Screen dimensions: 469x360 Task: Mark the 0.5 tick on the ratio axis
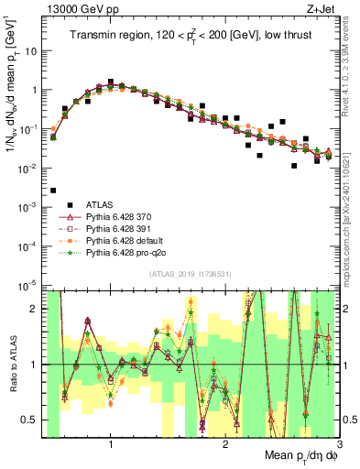click(30, 420)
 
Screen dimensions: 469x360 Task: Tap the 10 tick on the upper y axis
click(31, 51)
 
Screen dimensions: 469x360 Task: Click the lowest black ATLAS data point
click(53, 190)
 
